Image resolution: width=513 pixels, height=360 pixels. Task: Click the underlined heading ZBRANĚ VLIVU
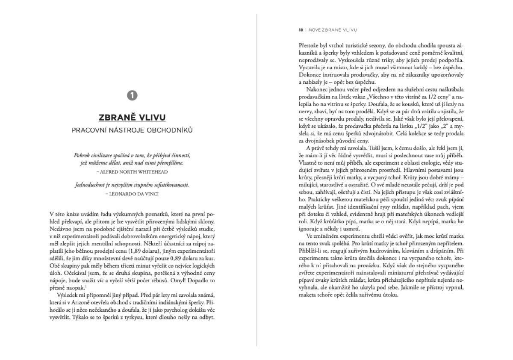[133, 117]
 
